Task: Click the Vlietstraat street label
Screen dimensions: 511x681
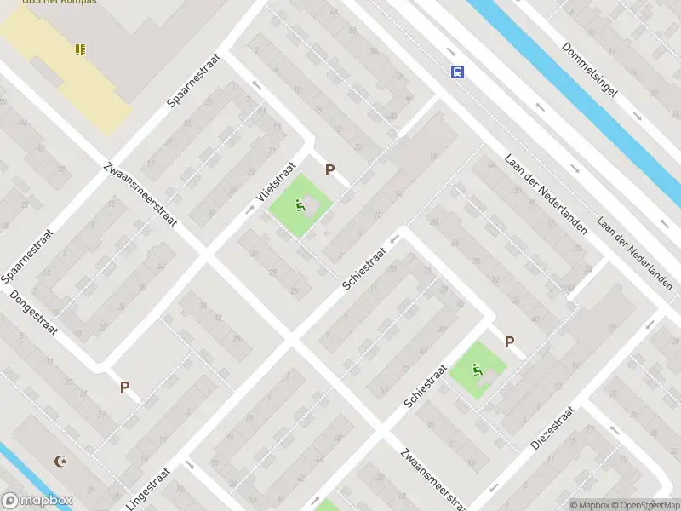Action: (277, 186)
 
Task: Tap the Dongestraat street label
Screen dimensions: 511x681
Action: (33, 313)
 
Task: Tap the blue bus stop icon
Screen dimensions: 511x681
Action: (458, 72)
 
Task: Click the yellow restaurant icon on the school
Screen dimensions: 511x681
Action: (80, 50)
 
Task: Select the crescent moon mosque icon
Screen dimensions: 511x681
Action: (60, 462)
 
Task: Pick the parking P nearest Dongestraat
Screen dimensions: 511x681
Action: (124, 387)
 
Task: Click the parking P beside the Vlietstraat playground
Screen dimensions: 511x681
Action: (329, 170)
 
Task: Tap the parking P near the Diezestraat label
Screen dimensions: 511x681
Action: (509, 342)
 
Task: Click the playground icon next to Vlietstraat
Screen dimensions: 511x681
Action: (299, 205)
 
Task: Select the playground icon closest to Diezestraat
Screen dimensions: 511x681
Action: (478, 370)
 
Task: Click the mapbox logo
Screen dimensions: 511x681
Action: (37, 501)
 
